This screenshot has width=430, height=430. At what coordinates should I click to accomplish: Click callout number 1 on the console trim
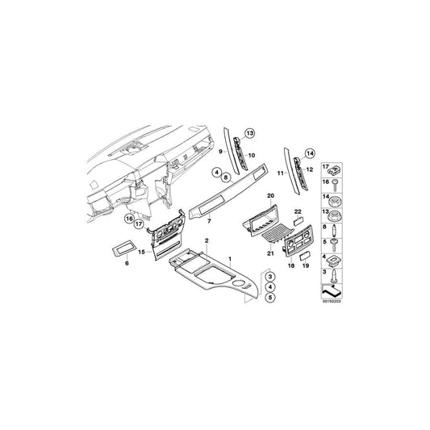click(x=231, y=259)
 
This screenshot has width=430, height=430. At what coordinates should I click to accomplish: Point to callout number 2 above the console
click(x=207, y=241)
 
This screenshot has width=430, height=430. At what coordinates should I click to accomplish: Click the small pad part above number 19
click(x=307, y=253)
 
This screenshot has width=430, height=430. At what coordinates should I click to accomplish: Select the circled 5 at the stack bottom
click(x=268, y=297)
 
